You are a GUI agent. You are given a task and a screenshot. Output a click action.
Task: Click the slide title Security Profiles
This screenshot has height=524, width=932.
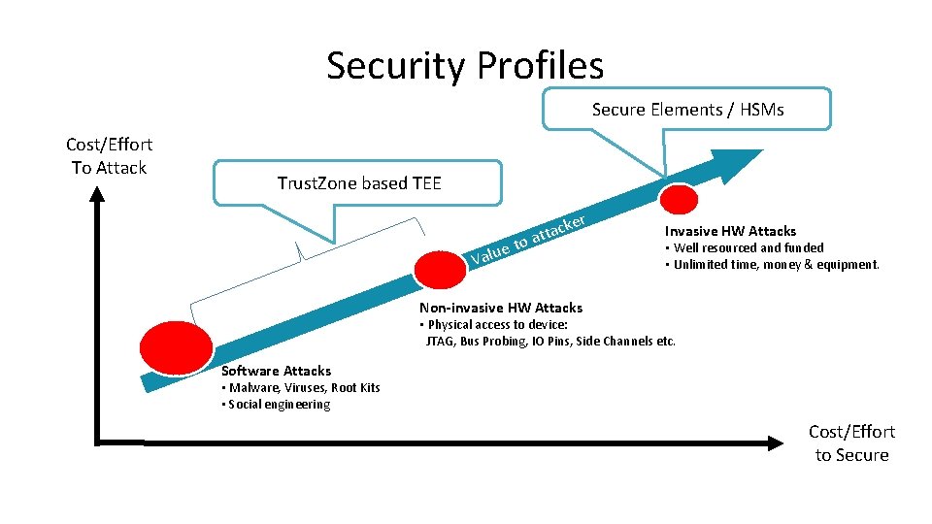[x=465, y=66]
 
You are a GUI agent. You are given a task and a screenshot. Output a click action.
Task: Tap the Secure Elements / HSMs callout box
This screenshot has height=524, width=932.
[x=687, y=110]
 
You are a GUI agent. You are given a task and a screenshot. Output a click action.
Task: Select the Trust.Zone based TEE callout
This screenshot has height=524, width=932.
[x=358, y=183]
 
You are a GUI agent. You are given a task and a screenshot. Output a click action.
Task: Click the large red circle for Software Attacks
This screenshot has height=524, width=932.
[x=176, y=345]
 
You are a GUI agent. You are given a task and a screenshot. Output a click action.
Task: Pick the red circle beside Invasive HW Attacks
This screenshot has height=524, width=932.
[x=678, y=198]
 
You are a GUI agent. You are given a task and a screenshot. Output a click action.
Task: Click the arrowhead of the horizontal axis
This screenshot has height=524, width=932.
[x=774, y=442]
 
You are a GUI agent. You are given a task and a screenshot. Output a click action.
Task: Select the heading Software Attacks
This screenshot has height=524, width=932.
[x=276, y=371]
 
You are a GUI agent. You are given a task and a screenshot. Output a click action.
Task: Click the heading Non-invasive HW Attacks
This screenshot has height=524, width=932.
[x=500, y=308]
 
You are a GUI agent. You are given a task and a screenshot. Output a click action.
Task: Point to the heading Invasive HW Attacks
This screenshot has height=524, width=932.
[x=730, y=231]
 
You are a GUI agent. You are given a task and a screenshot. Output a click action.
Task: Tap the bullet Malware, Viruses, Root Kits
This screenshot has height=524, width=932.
[x=301, y=388]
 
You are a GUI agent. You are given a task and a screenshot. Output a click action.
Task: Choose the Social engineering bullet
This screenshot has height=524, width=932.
[x=277, y=405]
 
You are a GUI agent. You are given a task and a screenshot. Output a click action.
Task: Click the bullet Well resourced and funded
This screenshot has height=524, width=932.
[x=745, y=248]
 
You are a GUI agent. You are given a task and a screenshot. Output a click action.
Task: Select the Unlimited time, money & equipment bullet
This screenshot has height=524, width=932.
[x=772, y=264]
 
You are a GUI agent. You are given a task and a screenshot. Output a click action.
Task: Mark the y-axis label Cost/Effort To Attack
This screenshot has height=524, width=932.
[x=109, y=155]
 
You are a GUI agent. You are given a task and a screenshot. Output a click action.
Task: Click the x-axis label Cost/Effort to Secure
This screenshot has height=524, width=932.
[x=851, y=443]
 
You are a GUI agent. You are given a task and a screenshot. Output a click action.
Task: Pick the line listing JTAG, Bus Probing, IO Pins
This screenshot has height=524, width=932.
[x=550, y=342]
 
